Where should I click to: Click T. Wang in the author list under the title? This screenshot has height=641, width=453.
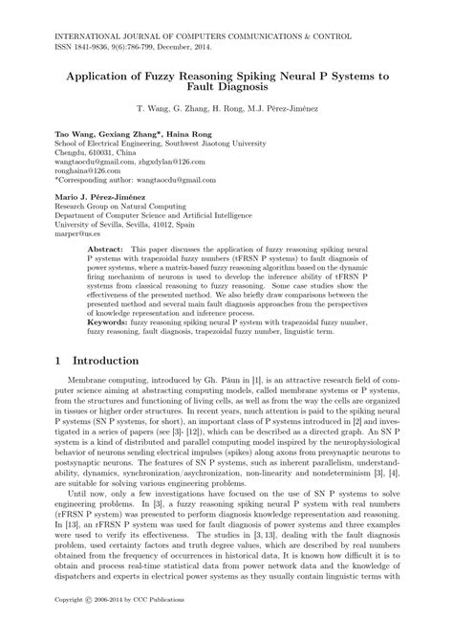pyautogui.click(x=156, y=109)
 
